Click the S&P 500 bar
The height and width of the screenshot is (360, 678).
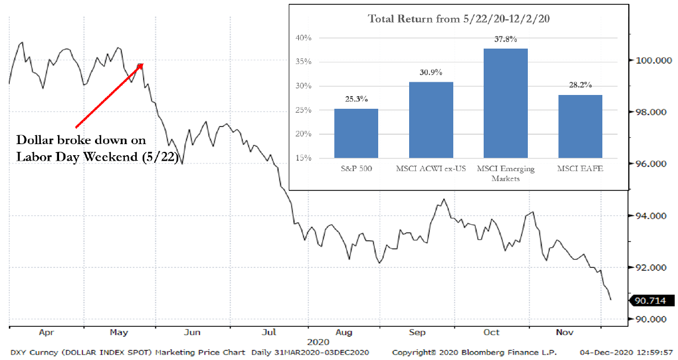pyautogui.click(x=356, y=133)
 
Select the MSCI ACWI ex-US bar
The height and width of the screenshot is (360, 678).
pyautogui.click(x=431, y=120)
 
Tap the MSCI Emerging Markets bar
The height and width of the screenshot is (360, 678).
pyautogui.click(x=505, y=103)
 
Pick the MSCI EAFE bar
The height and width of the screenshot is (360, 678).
pyautogui.click(x=580, y=126)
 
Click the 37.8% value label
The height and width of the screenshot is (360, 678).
pyautogui.click(x=506, y=39)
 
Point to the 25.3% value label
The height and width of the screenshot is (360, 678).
pyautogui.click(x=356, y=99)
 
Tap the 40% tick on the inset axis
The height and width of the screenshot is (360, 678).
pyautogui.click(x=303, y=38)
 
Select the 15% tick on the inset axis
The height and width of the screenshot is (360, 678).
pyautogui.click(x=303, y=158)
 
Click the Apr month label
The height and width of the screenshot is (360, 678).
pyautogui.click(x=46, y=332)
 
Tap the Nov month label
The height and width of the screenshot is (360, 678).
pyautogui.click(x=564, y=332)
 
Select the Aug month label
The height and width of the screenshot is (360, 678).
pyautogui.click(x=344, y=332)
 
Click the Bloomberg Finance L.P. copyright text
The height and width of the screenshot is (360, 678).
pyautogui.click(x=474, y=352)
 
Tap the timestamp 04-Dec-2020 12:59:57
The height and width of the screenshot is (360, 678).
pyautogui.click(x=626, y=352)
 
